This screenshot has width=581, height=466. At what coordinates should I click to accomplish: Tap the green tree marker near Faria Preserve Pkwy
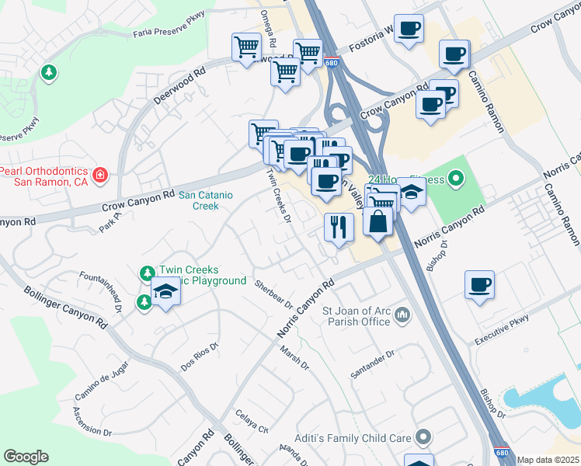point(50,72)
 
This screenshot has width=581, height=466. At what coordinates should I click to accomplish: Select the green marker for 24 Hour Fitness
point(457,181)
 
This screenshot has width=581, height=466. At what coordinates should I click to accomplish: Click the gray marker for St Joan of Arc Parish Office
point(402,314)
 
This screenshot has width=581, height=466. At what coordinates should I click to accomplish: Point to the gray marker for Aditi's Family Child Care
point(423,438)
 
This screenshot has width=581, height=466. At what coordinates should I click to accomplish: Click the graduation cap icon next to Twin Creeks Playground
point(166,292)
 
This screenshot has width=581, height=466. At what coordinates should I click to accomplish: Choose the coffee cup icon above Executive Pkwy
point(480,283)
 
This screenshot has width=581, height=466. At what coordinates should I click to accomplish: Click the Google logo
point(26,457)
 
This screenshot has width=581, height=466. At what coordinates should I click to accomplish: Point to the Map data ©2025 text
point(548,460)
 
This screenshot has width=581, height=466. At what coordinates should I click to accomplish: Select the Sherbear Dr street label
point(273,293)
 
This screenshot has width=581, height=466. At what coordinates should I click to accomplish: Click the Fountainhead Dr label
point(102,290)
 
